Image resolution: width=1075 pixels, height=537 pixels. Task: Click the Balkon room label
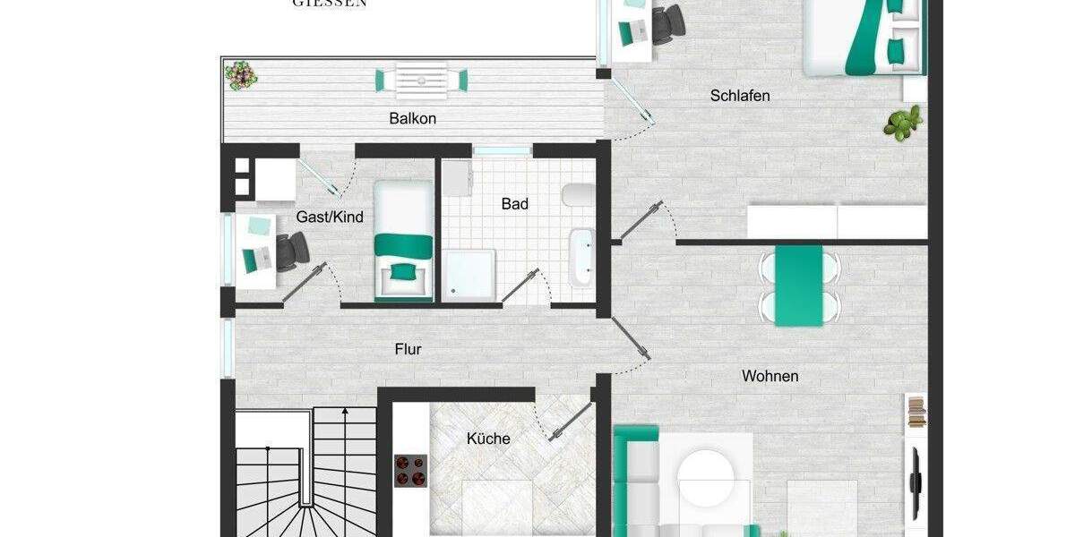coord(413,118)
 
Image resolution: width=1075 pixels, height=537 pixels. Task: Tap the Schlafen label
coord(740,96)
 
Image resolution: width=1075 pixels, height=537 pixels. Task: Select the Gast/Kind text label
coord(330,217)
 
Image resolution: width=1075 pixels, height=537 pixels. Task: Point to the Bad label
coord(515,204)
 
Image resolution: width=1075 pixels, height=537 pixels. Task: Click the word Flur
coord(408,349)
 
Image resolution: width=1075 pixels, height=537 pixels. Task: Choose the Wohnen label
coord(770,376)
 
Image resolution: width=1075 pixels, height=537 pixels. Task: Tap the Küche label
coord(488,439)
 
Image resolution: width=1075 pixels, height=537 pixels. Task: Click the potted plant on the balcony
coord(241,74)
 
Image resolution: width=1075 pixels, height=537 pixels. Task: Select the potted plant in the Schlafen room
coord(903,122)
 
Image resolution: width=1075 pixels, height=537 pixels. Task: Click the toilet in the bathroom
coord(576,196)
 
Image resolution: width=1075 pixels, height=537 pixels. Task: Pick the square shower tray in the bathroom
coord(469,274)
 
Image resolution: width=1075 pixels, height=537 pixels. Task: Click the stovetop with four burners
coord(411,470)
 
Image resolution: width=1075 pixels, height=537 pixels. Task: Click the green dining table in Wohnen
coord(798,286)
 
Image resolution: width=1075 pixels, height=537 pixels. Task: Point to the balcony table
coord(422,80)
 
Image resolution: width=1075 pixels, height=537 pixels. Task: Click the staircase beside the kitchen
coord(305,474)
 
